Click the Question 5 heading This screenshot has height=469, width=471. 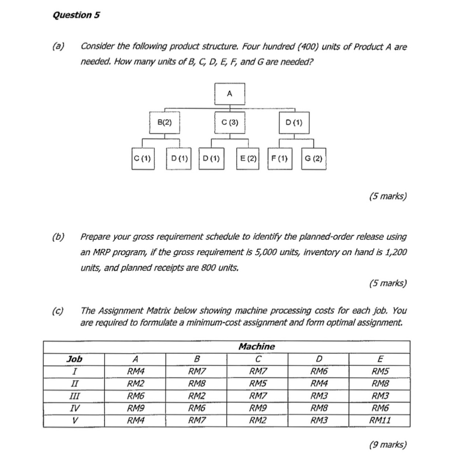click(76, 15)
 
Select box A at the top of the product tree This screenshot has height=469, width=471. click(230, 94)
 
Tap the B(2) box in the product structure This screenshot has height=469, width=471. click(164, 122)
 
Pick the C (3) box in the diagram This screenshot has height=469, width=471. click(230, 122)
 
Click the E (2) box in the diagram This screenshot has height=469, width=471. click(248, 159)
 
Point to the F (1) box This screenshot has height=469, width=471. click(280, 159)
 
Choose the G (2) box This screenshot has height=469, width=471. click(314, 159)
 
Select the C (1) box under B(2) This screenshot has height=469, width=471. click(143, 159)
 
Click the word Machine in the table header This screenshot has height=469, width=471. click(257, 347)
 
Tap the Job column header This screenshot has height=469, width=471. click(74, 359)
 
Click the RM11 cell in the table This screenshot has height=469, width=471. click(380, 420)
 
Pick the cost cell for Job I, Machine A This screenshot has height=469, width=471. click(135, 371)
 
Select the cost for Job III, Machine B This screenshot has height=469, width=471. click(196, 396)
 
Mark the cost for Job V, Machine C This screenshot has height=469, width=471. click(258, 420)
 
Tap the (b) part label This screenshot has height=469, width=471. click(58, 237)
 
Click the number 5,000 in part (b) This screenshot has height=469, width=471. click(273, 252)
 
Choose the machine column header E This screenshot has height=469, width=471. click(380, 359)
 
